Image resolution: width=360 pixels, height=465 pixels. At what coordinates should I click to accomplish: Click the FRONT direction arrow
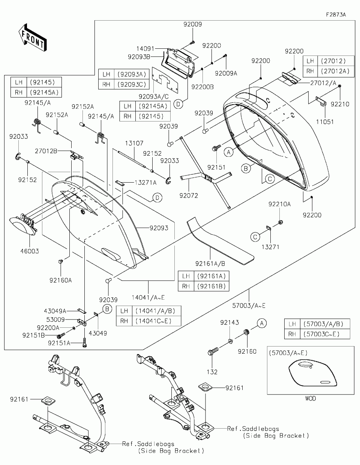[x=33, y=37]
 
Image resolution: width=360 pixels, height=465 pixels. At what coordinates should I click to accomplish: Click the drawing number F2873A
[x=336, y=15]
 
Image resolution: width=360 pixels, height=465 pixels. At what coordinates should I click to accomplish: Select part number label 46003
[x=30, y=251]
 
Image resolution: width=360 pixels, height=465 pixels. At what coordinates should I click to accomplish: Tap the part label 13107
[x=134, y=143]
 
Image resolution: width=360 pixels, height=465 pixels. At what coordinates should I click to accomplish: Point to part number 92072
[x=189, y=195]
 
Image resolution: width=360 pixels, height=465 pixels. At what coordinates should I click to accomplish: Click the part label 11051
[x=325, y=122]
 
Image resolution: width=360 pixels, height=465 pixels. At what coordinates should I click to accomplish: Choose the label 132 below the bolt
[x=212, y=372]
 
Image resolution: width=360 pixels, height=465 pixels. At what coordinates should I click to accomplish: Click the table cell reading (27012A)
[x=335, y=71]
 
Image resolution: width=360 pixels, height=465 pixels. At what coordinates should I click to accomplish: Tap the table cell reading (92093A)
[x=132, y=74]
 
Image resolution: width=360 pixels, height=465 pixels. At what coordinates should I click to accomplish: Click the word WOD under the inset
[x=310, y=399]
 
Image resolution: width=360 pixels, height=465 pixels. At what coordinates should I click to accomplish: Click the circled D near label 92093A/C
[x=178, y=104]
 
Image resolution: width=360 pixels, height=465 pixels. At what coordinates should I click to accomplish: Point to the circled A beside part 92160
[x=262, y=323]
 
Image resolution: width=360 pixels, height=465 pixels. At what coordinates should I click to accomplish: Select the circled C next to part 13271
[x=255, y=237]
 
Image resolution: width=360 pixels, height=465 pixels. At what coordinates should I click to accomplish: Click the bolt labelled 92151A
[x=85, y=343]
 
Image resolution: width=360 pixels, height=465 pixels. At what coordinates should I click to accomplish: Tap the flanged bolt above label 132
[x=213, y=351]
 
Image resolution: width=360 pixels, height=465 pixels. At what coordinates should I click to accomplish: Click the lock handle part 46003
[x=22, y=226]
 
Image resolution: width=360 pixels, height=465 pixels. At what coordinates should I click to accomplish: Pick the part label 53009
[x=55, y=319]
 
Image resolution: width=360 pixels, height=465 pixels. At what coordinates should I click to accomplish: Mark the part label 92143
[x=229, y=322]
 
